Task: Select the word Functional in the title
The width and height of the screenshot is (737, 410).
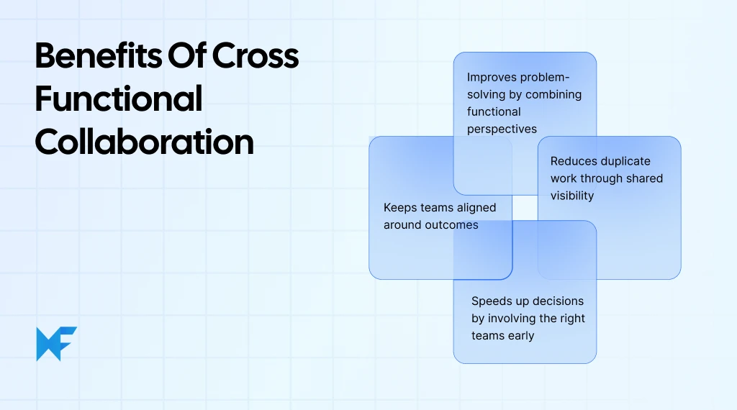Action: tap(118, 99)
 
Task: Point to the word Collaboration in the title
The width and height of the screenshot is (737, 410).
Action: tap(144, 142)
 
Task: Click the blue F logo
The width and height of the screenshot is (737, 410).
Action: tap(56, 344)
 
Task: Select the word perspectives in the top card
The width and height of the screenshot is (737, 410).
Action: tap(502, 129)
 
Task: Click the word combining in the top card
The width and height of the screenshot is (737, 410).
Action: tap(553, 94)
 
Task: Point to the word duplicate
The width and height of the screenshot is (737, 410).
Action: tap(625, 161)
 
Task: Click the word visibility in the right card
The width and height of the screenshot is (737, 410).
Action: tap(572, 196)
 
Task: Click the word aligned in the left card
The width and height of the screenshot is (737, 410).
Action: tap(472, 207)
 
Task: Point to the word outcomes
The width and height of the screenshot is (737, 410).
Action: tap(450, 224)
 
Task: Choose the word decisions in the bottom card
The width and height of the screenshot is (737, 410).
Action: tap(556, 301)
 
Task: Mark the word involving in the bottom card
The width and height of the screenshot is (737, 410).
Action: tap(512, 318)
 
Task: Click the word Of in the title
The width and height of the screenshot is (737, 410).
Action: tap(183, 56)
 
